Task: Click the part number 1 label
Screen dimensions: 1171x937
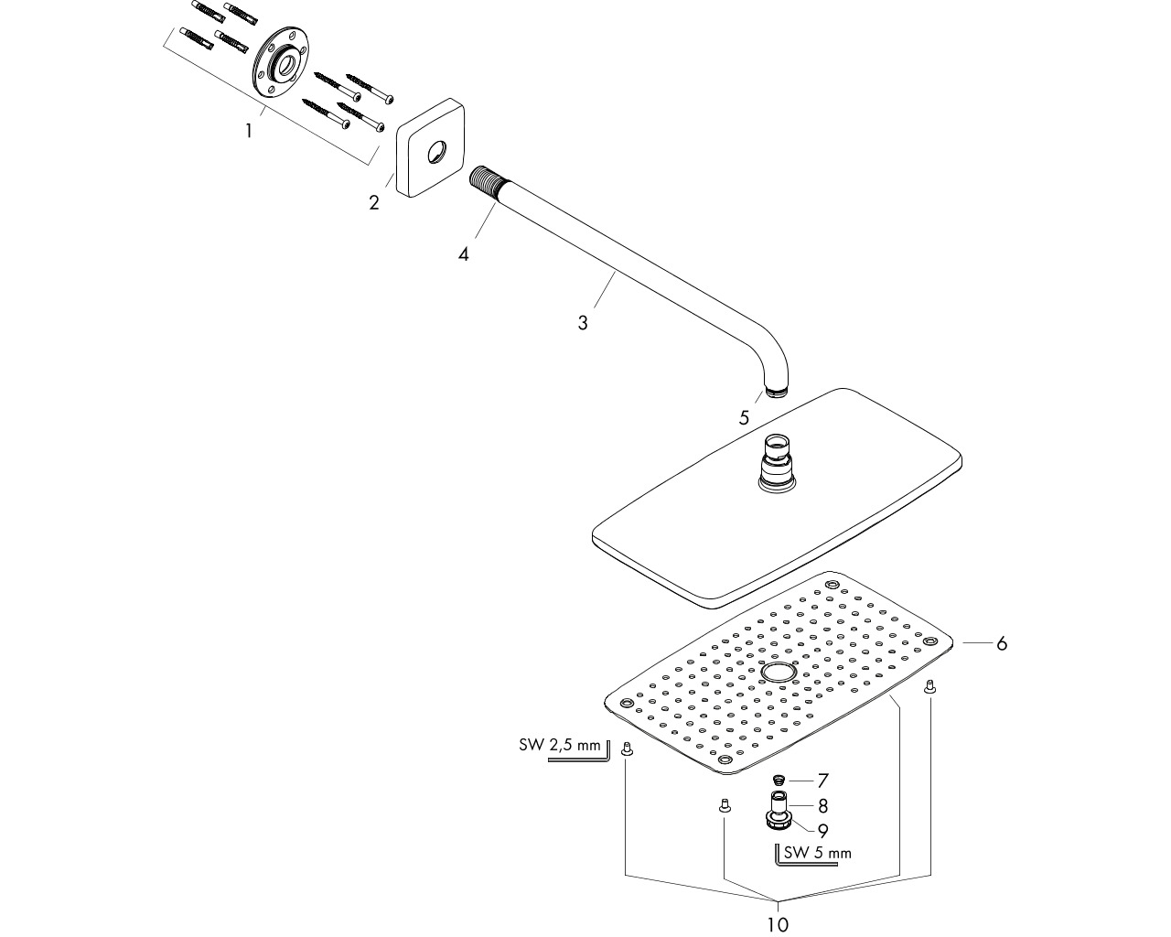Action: [x=249, y=131]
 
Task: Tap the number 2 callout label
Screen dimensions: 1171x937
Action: [x=374, y=202]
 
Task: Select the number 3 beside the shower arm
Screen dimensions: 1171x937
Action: [x=583, y=323]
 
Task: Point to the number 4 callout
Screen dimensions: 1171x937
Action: [x=463, y=253]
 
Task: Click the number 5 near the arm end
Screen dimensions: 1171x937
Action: [x=744, y=417]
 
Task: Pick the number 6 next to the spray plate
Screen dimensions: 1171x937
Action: [x=1002, y=643]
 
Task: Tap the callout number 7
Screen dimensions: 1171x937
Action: [x=822, y=781]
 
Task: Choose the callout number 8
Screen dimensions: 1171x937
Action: [x=822, y=805]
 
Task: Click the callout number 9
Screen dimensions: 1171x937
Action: [x=822, y=831]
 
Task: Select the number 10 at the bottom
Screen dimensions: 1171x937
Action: [x=779, y=924]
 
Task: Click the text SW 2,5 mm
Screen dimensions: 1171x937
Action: [x=559, y=745]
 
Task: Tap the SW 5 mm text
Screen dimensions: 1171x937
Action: [x=817, y=853]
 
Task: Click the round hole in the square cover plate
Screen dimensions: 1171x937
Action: [x=436, y=152]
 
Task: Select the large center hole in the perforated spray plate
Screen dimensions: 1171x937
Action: [x=779, y=673]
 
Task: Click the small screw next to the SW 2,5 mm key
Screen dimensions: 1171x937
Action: [x=627, y=749]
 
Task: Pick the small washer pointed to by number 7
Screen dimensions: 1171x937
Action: [x=782, y=781]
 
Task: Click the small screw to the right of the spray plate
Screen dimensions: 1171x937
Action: [x=930, y=687]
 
